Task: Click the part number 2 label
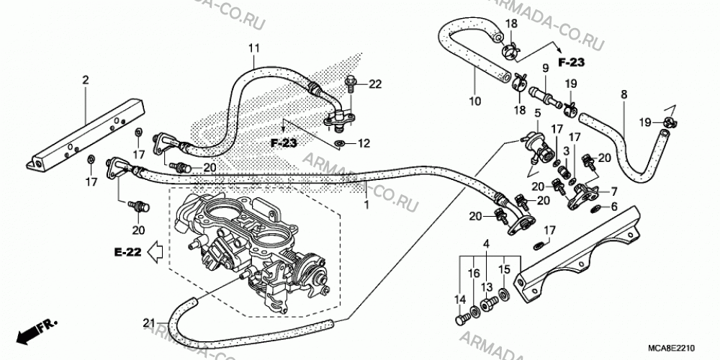click(85, 81)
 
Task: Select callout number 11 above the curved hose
click(254, 48)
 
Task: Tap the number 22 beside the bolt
click(375, 84)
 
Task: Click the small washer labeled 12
click(339, 144)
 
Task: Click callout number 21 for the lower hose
click(149, 323)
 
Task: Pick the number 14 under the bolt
click(460, 300)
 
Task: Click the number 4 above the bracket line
click(487, 244)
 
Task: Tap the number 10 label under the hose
click(475, 101)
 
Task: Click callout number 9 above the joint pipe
click(545, 69)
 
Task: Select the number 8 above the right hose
click(624, 94)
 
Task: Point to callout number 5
click(538, 112)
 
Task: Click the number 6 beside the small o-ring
click(614, 207)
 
